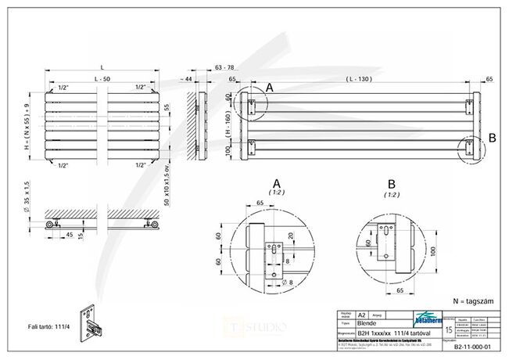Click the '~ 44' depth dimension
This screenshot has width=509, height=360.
187,80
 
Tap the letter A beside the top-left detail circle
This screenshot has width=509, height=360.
270,88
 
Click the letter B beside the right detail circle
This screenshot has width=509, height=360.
491,139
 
